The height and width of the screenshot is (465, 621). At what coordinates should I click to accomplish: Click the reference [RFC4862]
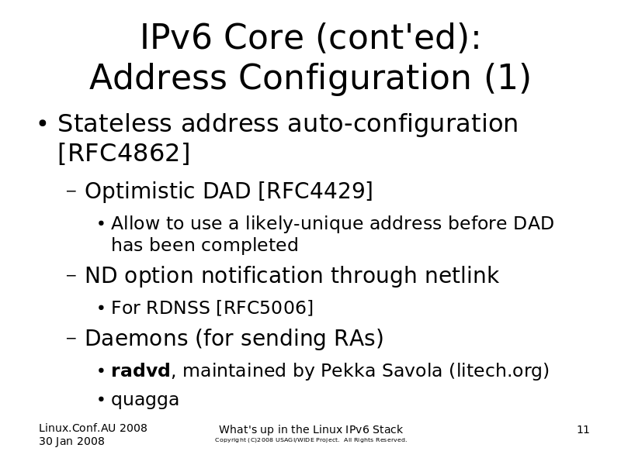(x=124, y=153)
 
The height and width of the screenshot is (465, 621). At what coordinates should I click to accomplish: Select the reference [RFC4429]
(x=315, y=191)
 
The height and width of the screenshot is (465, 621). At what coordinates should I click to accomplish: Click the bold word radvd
(x=141, y=370)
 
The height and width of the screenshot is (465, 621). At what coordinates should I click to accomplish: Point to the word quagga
(x=145, y=400)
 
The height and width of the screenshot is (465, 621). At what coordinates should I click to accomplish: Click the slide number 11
(x=583, y=429)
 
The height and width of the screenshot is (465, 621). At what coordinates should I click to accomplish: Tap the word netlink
(x=462, y=275)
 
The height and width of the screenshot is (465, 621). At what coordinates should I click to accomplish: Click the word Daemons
(x=137, y=338)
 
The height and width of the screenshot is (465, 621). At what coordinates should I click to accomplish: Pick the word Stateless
(x=114, y=123)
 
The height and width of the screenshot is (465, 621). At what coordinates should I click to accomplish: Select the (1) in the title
(x=508, y=78)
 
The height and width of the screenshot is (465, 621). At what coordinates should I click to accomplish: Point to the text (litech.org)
(x=499, y=371)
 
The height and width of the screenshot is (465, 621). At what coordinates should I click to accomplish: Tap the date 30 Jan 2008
(x=71, y=441)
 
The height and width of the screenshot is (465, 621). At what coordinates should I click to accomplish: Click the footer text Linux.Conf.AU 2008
(x=93, y=428)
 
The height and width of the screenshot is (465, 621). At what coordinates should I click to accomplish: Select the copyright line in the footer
(x=311, y=439)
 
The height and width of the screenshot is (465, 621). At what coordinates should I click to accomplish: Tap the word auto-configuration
(x=403, y=123)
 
